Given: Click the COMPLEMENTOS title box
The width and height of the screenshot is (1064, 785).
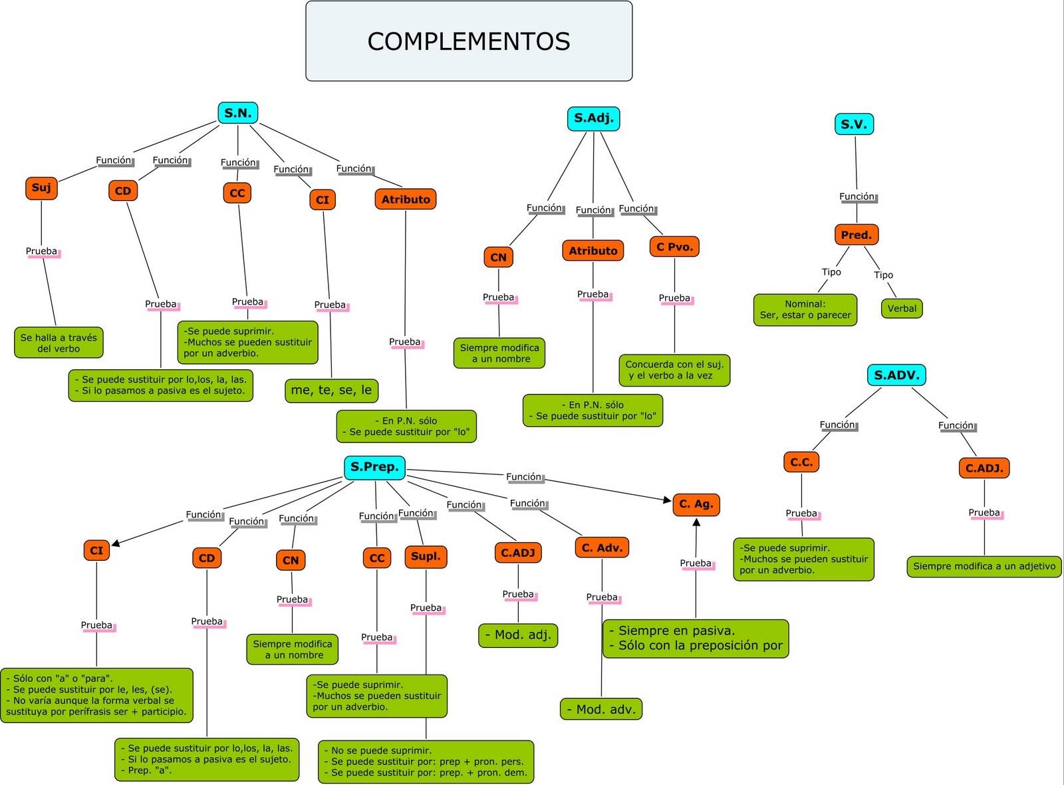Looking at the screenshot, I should [469, 41].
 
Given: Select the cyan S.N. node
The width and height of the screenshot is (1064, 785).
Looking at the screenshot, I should [237, 113].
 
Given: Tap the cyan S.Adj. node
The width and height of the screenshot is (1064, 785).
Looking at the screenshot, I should [593, 118].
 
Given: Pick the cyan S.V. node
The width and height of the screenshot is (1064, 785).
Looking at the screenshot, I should [854, 124].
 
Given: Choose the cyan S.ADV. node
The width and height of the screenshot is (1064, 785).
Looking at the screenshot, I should [896, 375].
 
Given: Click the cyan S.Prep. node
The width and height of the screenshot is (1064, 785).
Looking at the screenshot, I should [374, 467].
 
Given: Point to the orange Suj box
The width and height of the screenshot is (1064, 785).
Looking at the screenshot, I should [41, 188].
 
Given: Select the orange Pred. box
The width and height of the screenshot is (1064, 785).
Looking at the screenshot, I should [856, 235].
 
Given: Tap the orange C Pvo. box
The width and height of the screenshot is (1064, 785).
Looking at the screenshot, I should [674, 247].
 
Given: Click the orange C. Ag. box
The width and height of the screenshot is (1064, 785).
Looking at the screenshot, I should [696, 504].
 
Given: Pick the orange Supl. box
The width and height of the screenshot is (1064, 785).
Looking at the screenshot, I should [426, 557].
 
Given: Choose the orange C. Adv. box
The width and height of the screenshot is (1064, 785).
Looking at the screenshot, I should [602, 548].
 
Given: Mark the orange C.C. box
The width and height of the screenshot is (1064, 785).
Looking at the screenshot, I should [801, 462].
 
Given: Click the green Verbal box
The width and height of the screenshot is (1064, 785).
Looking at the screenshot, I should [902, 309].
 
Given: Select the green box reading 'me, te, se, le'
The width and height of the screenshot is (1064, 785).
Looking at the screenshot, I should [331, 391].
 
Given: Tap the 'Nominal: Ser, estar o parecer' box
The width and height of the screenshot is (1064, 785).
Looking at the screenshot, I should [805, 310].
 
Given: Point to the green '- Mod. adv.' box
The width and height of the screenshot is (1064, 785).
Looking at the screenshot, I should [601, 709].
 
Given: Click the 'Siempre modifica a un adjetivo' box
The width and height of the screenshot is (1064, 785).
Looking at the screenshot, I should [984, 567].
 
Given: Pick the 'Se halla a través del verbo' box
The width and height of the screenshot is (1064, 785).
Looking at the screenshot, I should [59, 343].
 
